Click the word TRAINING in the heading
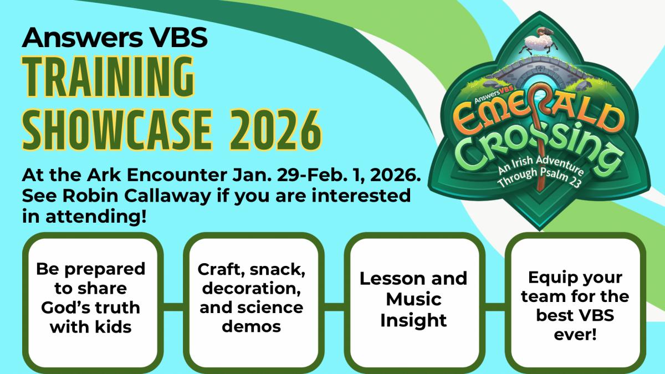(x=109, y=76)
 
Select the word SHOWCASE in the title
(x=117, y=130)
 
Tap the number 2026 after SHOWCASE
(x=276, y=130)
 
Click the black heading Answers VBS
(x=115, y=37)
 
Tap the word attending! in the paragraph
(x=96, y=217)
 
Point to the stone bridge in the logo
(x=538, y=71)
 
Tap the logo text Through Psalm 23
(x=539, y=178)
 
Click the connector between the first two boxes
(x=173, y=307)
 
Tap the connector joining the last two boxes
(x=495, y=307)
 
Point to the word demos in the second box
(x=252, y=326)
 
